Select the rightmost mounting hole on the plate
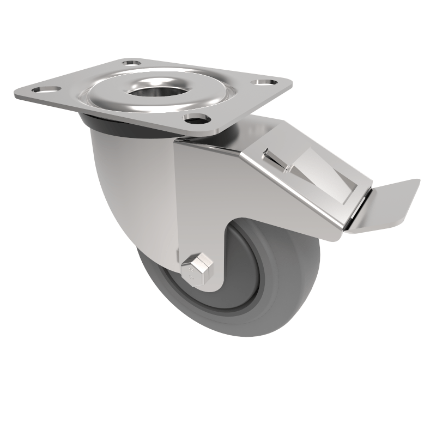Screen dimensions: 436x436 point(265,83)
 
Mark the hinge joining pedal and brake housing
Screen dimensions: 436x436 point(354,218)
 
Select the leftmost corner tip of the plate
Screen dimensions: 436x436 point(16,95)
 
